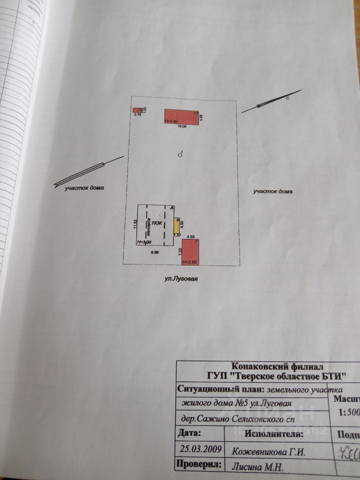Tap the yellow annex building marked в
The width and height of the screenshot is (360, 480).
(176, 226)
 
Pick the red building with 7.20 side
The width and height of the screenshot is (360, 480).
(190, 251)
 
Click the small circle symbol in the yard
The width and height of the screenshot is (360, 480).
(180, 155)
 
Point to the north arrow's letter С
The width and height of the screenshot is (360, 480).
(287, 99)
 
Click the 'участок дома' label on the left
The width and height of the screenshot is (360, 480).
(84, 188)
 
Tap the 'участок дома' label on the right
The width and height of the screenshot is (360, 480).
(272, 191)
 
